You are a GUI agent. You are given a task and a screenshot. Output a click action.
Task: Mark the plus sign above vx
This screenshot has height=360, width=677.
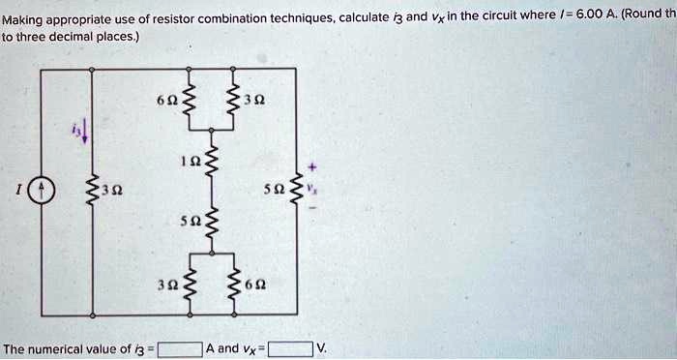tap(310, 166)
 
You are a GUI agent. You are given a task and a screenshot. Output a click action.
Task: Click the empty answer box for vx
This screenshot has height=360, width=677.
tap(290, 348)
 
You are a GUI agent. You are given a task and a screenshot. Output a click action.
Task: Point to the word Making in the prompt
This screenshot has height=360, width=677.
tap(23, 17)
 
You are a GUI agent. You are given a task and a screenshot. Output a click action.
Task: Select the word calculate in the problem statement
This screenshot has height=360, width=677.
tap(364, 16)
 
